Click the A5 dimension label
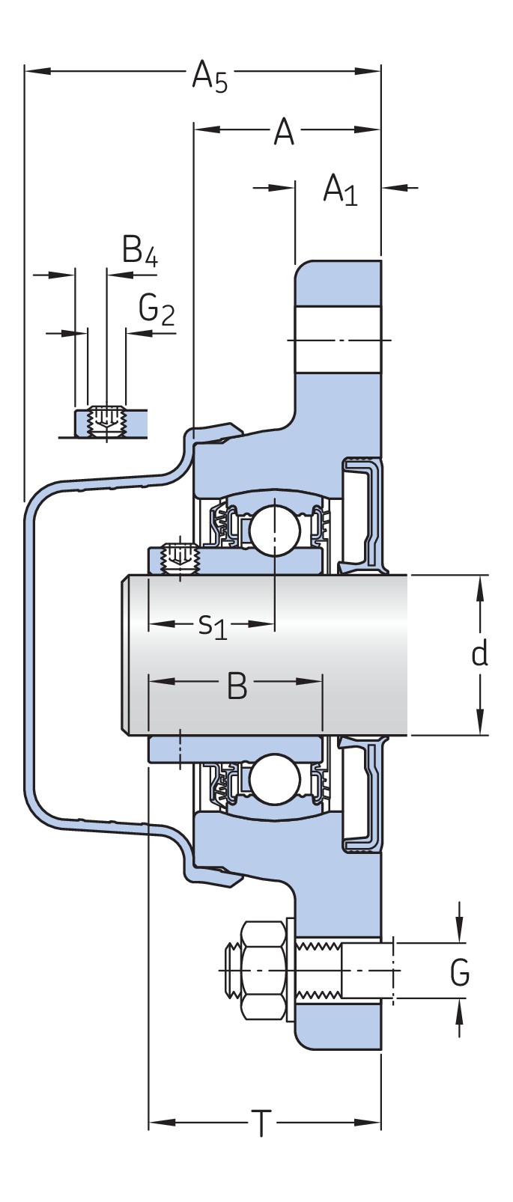point(209,76)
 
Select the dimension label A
point(283,132)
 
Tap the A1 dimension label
point(340,170)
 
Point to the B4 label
point(140,250)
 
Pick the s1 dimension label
point(212,625)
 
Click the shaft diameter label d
point(479,653)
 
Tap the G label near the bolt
point(460,973)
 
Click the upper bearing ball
point(275,528)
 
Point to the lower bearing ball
point(274,779)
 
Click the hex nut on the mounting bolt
point(264,971)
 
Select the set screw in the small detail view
point(106,420)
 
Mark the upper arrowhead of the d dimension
point(480,587)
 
